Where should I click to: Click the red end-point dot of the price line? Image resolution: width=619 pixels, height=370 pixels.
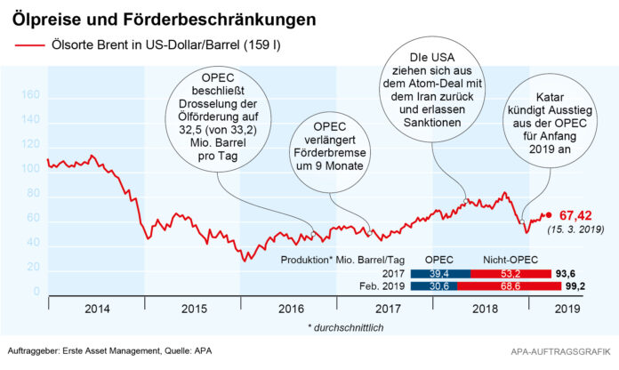coord(548,215)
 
